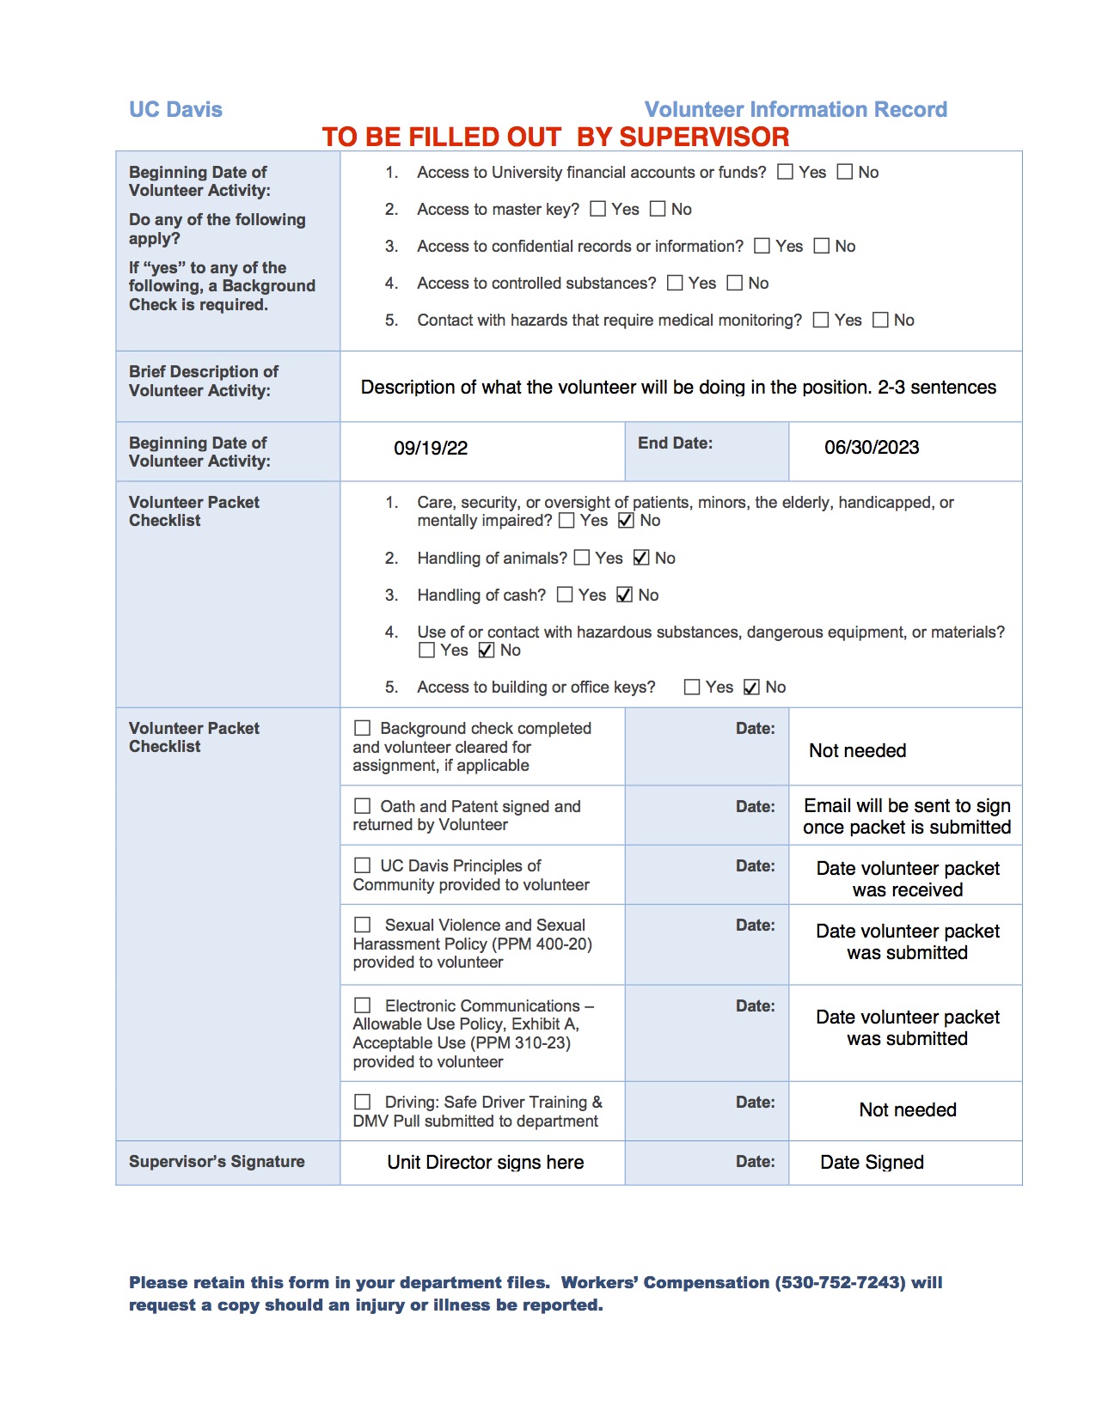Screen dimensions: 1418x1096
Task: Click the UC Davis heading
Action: tap(175, 110)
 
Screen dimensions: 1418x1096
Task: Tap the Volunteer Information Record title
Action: tap(795, 110)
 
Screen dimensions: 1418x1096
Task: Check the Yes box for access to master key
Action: tap(598, 209)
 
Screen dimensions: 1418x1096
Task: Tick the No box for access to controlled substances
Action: tap(735, 283)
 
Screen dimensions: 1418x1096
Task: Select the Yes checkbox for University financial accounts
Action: tap(785, 172)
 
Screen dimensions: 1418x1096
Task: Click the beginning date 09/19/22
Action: tap(431, 449)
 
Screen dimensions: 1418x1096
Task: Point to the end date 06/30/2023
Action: tap(872, 448)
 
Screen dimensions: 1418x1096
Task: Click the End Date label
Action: tap(675, 443)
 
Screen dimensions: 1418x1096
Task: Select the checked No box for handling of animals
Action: tap(641, 558)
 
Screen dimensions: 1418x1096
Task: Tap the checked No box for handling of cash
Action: tap(625, 595)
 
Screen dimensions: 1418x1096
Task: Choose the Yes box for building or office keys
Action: tap(692, 687)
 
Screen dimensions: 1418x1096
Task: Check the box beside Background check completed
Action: tap(363, 728)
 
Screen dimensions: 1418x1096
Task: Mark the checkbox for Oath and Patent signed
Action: tap(363, 806)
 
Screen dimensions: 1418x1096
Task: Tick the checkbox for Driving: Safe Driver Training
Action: tap(363, 1102)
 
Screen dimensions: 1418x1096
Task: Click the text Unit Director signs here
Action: tap(485, 1163)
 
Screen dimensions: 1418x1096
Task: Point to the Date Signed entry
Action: tap(872, 1163)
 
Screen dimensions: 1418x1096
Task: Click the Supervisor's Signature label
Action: tap(217, 1162)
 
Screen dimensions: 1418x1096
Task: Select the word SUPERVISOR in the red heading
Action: tap(704, 138)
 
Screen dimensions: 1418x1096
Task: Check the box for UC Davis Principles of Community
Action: tap(363, 865)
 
